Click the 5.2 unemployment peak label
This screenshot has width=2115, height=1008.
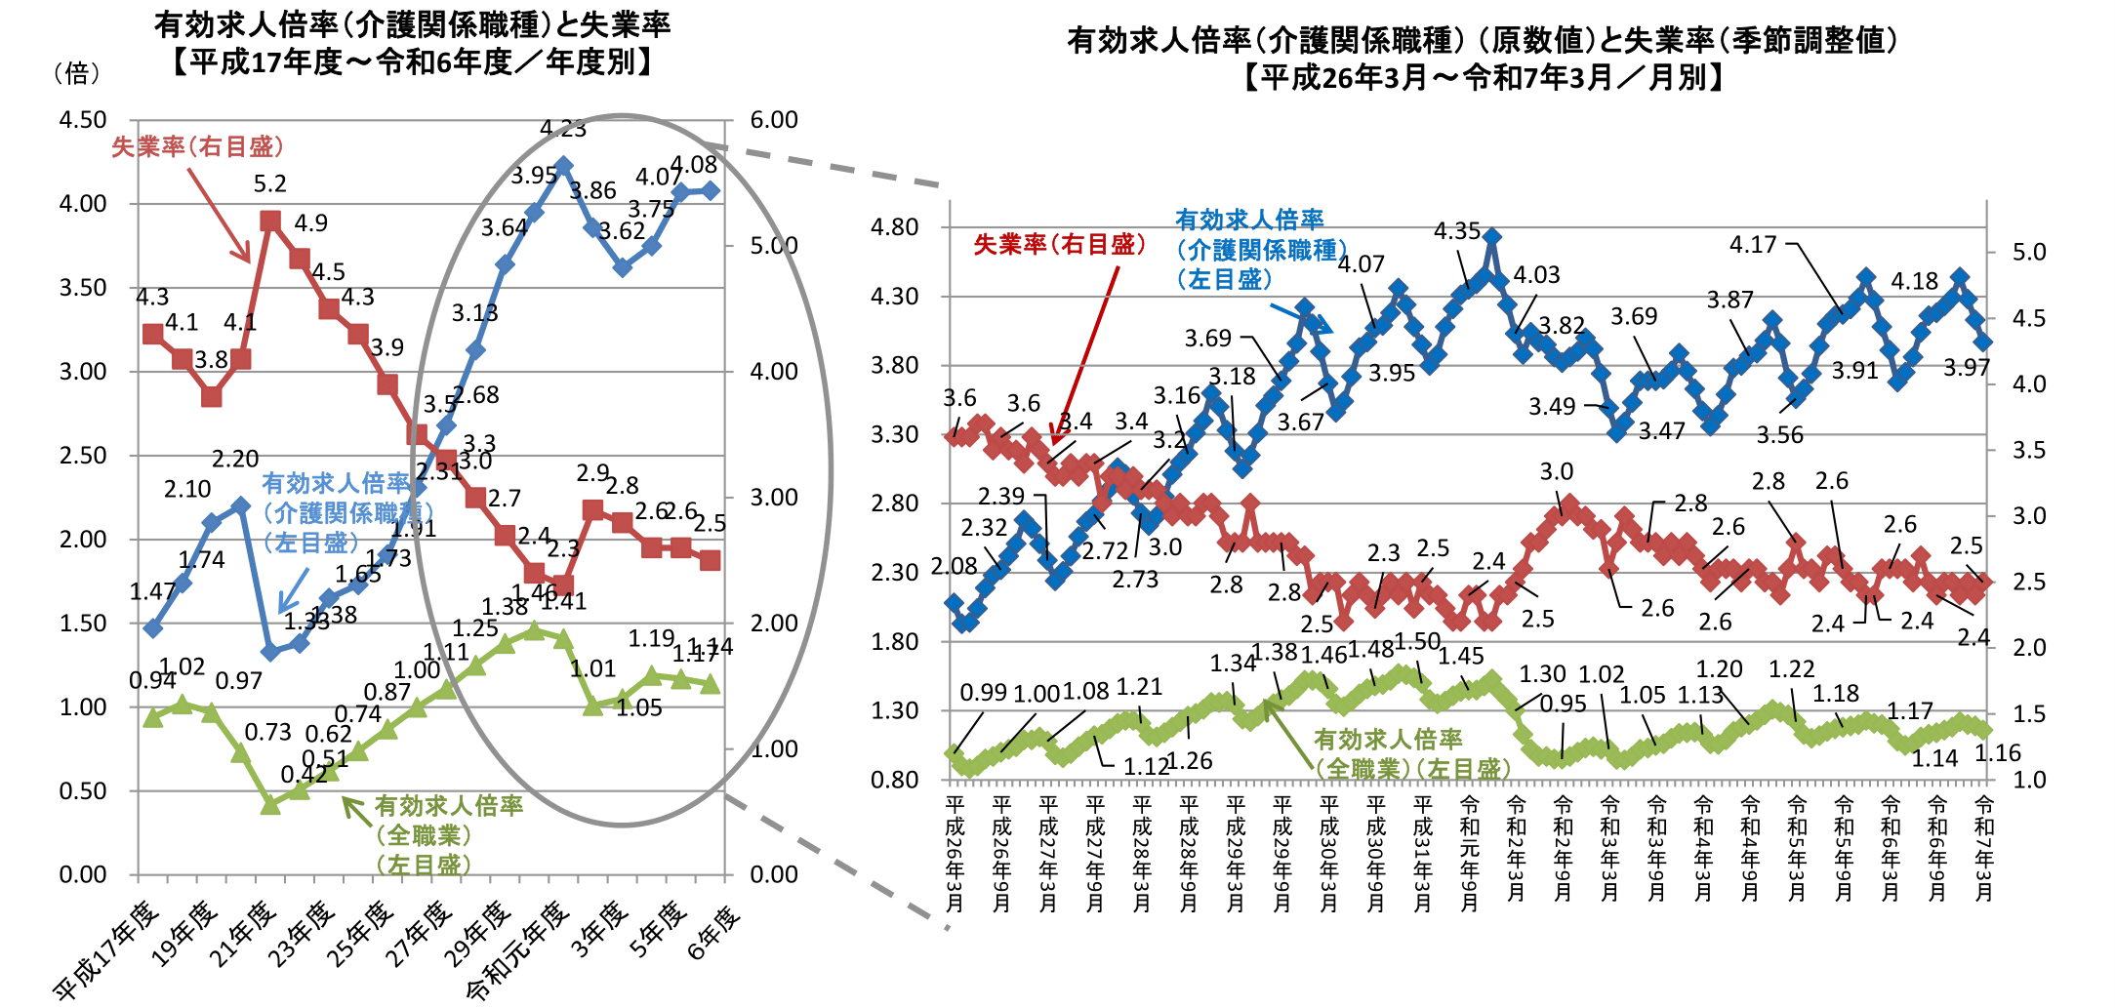coord(269,184)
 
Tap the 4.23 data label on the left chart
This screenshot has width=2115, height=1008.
coord(563,129)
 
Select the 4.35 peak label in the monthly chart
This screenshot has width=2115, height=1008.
coord(1457,231)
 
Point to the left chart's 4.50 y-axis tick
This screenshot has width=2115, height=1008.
coord(83,120)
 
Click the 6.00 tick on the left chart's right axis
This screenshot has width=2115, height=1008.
coord(774,120)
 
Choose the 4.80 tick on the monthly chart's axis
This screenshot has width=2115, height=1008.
coord(895,226)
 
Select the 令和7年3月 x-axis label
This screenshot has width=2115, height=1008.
coord(1983,848)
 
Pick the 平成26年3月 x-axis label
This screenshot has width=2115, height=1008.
coord(955,854)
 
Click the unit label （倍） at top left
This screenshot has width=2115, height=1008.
coord(76,72)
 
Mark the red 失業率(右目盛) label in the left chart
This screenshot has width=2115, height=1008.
coord(197,146)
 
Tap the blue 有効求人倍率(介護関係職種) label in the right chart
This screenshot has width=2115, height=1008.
coord(1259,249)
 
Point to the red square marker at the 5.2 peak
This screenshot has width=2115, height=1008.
coord(270,221)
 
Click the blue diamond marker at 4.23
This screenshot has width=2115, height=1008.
coord(563,167)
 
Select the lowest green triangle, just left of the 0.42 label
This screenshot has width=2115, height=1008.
coord(270,804)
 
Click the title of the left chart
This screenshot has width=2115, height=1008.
coord(412,43)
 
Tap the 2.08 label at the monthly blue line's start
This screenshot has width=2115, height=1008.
coord(954,566)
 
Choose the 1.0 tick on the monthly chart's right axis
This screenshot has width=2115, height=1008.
coord(2029,780)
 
